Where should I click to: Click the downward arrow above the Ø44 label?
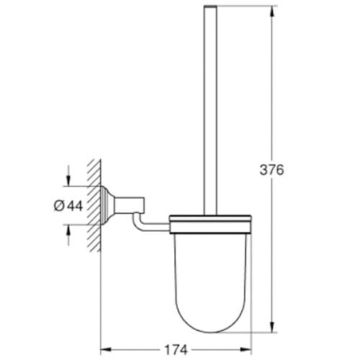[x=68, y=179]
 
